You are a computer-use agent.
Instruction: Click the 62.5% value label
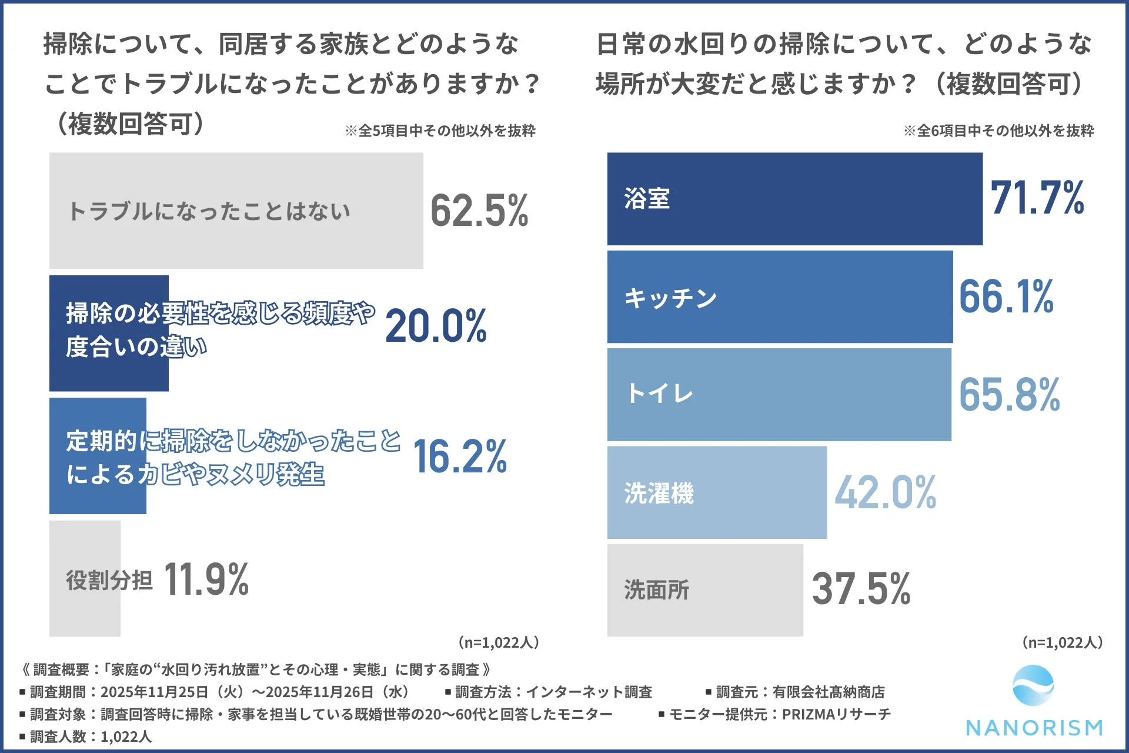click(479, 211)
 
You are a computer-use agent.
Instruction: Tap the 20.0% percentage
click(436, 326)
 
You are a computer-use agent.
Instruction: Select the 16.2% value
click(460, 457)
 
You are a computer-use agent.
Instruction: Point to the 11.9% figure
click(206, 579)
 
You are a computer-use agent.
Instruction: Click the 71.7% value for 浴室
click(1037, 198)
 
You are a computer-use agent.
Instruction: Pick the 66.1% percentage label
click(1006, 296)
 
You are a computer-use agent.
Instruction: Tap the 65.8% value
click(1009, 394)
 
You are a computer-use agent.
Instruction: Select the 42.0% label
click(886, 492)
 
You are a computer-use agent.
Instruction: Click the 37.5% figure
click(861, 588)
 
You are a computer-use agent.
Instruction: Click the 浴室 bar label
click(647, 198)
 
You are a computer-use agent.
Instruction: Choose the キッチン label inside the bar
click(670, 298)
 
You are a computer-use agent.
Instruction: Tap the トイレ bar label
click(660, 393)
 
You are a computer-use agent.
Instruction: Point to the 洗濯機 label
click(659, 493)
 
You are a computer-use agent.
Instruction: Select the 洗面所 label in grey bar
click(656, 589)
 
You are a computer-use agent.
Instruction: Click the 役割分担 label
click(109, 580)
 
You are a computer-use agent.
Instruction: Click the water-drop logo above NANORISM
click(1033, 685)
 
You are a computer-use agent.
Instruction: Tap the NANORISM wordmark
click(1034, 728)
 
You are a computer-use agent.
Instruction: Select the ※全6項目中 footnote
click(998, 131)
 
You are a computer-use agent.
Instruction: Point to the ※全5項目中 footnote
click(440, 131)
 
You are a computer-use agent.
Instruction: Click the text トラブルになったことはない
click(209, 211)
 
